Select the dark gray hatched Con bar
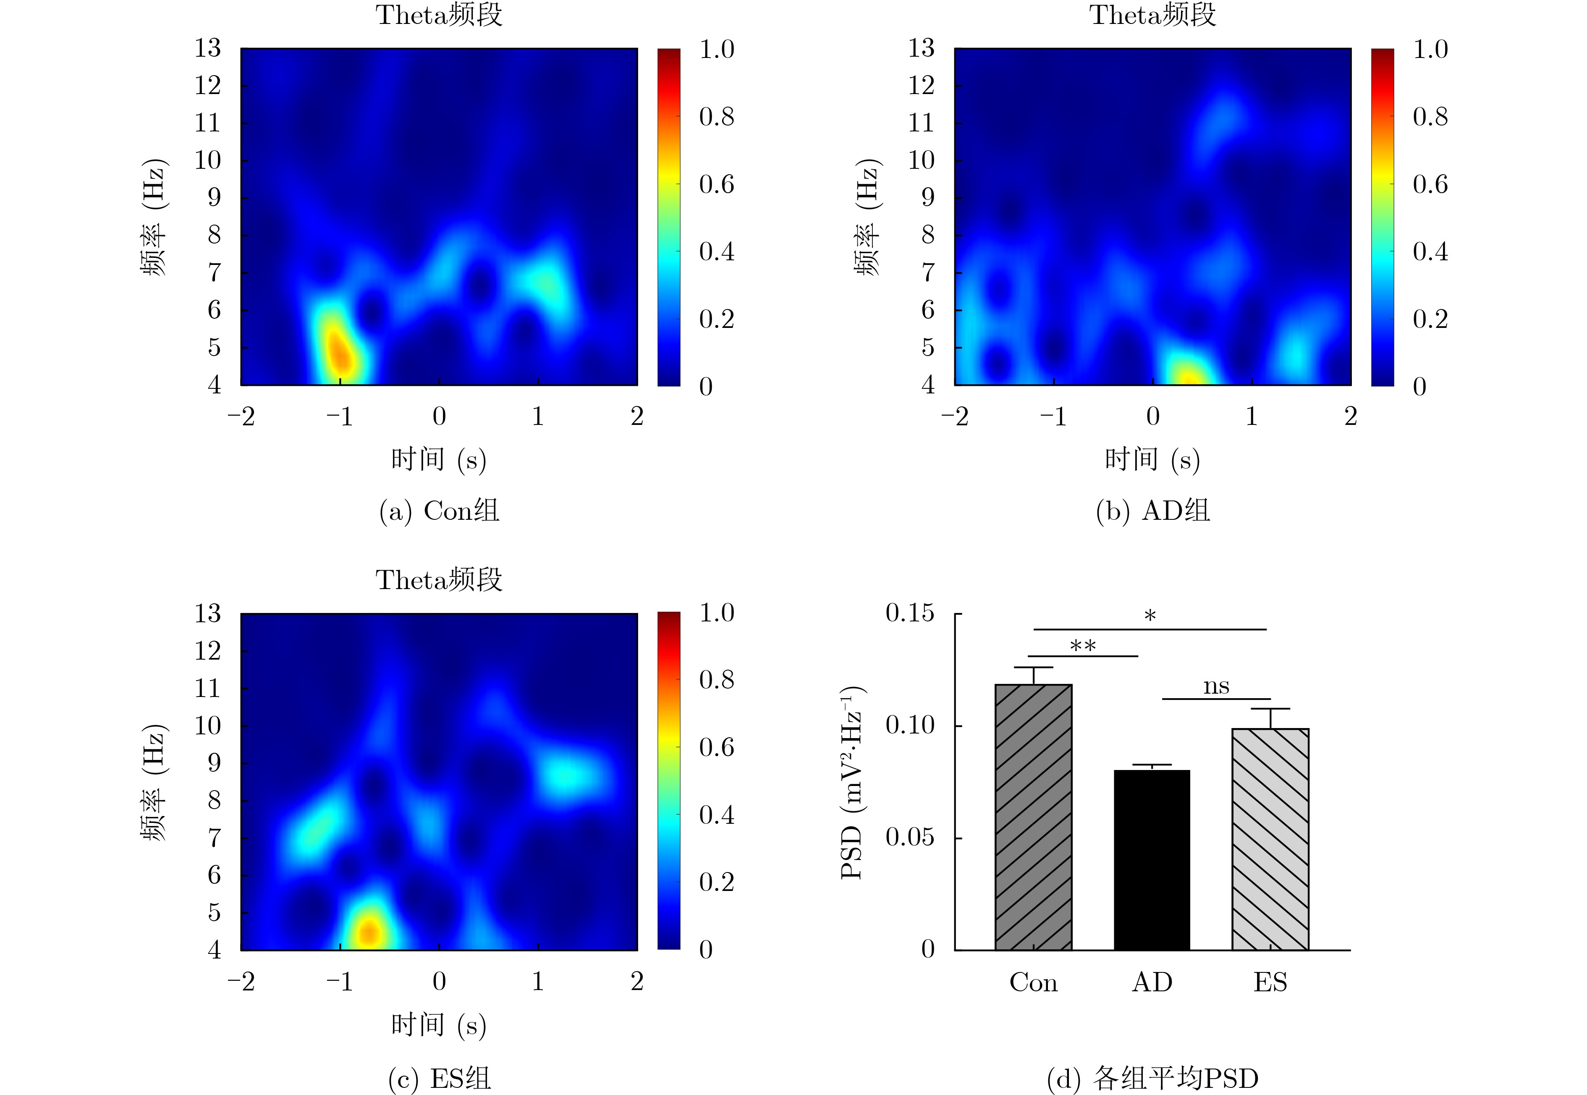click(x=1033, y=817)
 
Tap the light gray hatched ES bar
click(x=1270, y=838)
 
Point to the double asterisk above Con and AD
click(x=1083, y=646)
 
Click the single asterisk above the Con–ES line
click(x=1150, y=616)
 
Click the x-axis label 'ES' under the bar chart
click(x=1270, y=982)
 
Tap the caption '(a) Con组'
click(x=439, y=511)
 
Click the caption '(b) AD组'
click(x=1153, y=511)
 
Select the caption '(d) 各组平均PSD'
click(x=1153, y=1079)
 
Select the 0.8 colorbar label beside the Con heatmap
click(x=716, y=117)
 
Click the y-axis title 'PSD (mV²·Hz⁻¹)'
click(x=852, y=782)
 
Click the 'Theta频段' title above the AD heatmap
click(x=1153, y=15)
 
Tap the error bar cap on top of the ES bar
click(x=1270, y=709)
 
